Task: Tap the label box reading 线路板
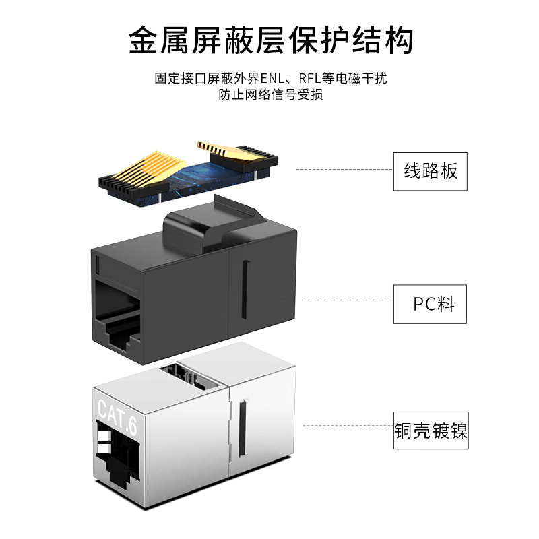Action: coord(431,171)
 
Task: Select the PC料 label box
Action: coord(431,303)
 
